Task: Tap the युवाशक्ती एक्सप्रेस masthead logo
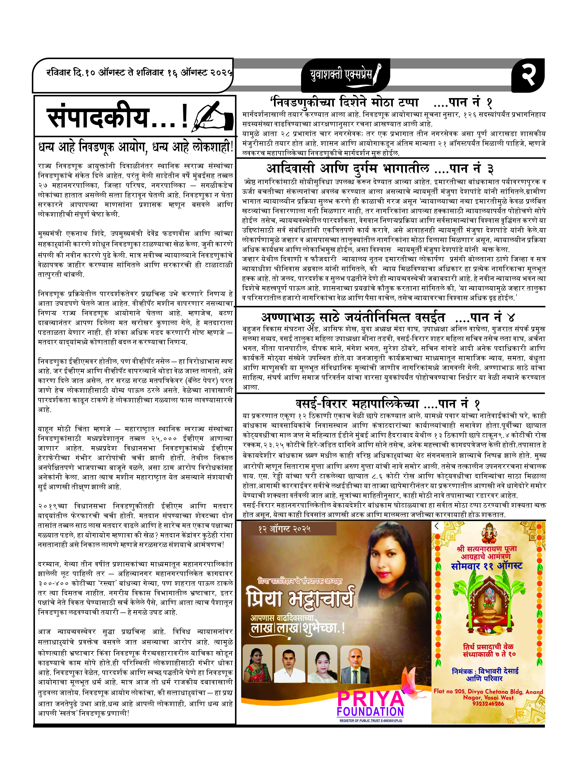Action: [341, 75]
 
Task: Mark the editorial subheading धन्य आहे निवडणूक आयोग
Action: [136, 148]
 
